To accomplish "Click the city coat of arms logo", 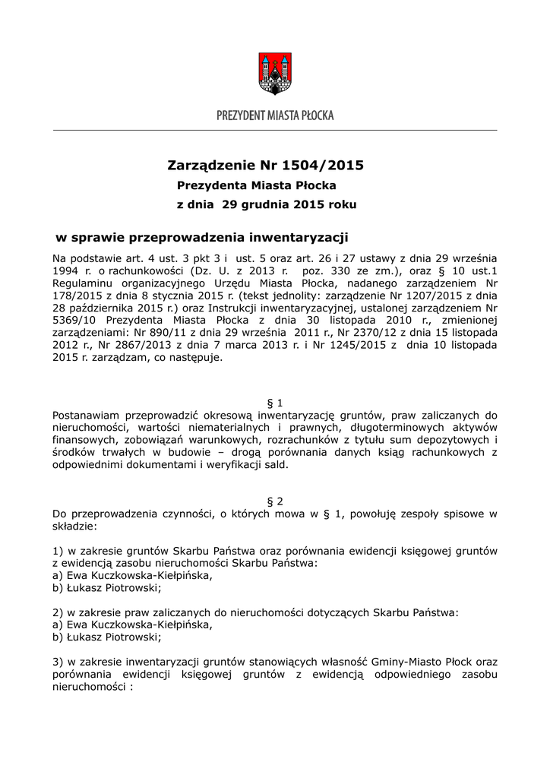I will (x=275, y=74).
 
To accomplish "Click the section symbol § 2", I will (x=276, y=501).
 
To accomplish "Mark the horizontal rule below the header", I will (x=275, y=131).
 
